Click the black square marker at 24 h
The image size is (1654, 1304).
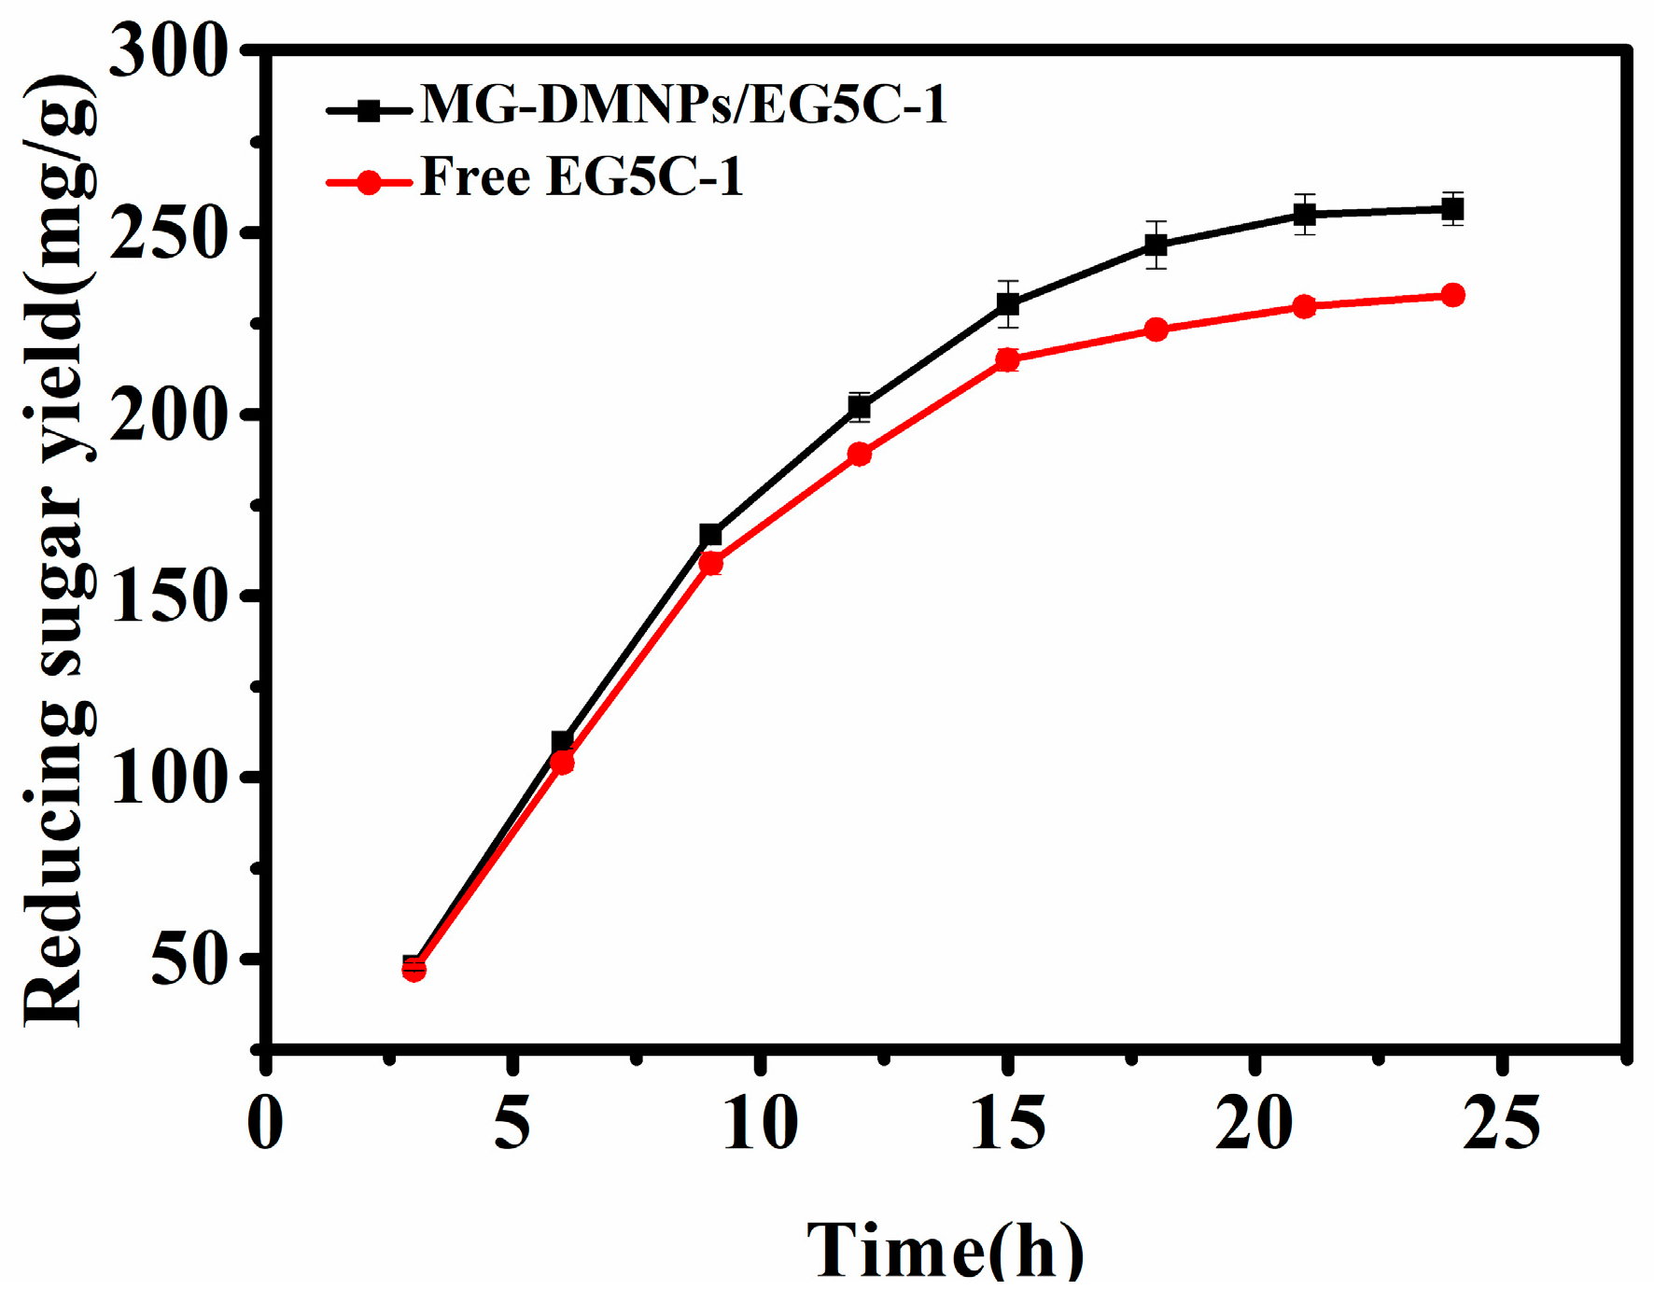(x=1451, y=210)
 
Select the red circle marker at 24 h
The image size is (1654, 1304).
(x=1452, y=296)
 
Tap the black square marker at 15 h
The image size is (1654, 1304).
(x=1007, y=304)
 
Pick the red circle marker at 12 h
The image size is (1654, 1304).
(x=859, y=455)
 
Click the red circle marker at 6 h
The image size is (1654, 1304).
(x=562, y=763)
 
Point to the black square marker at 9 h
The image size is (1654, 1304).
(x=710, y=535)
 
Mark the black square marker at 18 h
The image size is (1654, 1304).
(x=1156, y=245)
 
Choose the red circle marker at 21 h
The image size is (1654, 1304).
(x=1304, y=306)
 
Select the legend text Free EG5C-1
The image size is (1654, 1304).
(x=582, y=176)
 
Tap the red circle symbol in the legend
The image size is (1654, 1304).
(x=370, y=181)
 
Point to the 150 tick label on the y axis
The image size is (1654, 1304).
(x=168, y=596)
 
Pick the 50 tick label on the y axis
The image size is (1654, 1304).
(x=189, y=960)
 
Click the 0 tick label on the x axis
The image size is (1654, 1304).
(x=266, y=1124)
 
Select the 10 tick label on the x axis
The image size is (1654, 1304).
(x=761, y=1124)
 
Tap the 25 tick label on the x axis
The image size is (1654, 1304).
(x=1501, y=1124)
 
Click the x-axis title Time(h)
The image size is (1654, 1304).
(x=946, y=1251)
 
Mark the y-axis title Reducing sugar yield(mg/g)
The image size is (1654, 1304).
(x=58, y=551)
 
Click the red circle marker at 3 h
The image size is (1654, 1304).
(x=413, y=970)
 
